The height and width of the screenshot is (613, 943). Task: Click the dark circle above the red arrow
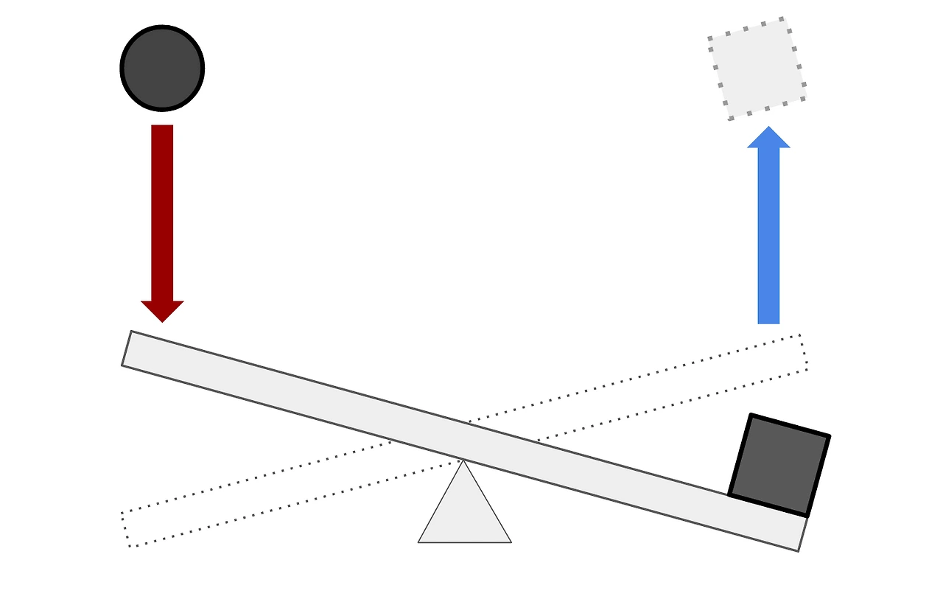click(162, 68)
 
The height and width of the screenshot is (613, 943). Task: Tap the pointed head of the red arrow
click(162, 312)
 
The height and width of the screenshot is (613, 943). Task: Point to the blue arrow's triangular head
click(768, 138)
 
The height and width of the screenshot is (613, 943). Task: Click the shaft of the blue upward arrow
click(768, 236)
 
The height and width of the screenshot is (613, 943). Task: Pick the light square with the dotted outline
click(757, 68)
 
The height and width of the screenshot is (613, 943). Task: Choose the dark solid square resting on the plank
click(779, 465)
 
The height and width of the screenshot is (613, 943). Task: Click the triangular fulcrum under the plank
click(464, 512)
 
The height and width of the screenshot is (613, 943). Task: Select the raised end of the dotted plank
click(803, 352)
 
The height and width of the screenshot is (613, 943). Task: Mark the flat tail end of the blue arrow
click(768, 322)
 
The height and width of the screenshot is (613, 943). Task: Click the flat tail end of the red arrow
click(162, 127)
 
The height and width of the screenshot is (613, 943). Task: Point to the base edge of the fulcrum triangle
click(464, 542)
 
